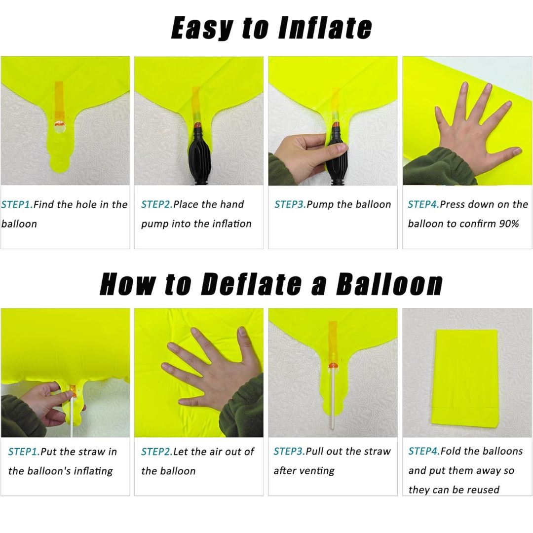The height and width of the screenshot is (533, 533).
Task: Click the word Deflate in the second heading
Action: [x=251, y=284]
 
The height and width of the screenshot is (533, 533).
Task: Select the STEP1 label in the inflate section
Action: [x=16, y=204]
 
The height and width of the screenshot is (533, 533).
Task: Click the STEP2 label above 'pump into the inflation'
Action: [x=156, y=204]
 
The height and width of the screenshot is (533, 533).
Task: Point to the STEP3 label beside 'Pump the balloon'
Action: [x=289, y=204]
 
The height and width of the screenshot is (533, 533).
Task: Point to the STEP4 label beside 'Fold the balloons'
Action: [x=423, y=451]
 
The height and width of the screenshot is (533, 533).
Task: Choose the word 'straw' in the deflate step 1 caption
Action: [x=91, y=451]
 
